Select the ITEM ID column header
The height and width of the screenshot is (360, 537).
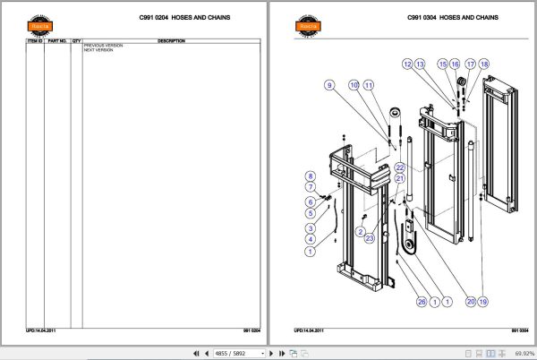[34, 41]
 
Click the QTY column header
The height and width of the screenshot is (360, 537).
[76, 41]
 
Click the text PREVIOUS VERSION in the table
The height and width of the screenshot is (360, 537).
[102, 46]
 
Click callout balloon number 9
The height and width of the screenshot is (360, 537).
[328, 84]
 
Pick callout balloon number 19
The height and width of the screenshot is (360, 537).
[482, 302]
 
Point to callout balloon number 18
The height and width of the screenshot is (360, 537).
[484, 64]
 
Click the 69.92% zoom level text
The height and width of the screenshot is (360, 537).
[519, 353]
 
